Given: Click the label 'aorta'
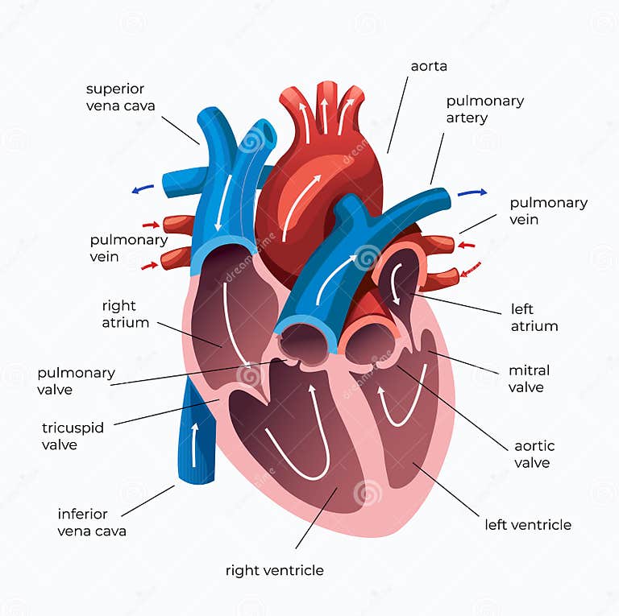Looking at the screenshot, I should pyautogui.click(x=429, y=66).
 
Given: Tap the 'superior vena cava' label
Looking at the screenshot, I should pyautogui.click(x=121, y=97).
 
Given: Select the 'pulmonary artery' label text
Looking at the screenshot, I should pyautogui.click(x=485, y=110).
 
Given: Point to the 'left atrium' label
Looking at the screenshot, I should pyautogui.click(x=534, y=317).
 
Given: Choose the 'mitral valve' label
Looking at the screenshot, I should pyautogui.click(x=529, y=378).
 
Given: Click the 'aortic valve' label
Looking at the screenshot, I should pyautogui.click(x=534, y=454).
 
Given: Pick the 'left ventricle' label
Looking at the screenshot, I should pyautogui.click(x=528, y=525).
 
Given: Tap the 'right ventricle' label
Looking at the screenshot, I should pyautogui.click(x=275, y=570).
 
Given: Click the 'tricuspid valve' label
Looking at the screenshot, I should pyautogui.click(x=73, y=436).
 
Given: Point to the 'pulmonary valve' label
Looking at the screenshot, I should pyautogui.click(x=76, y=381).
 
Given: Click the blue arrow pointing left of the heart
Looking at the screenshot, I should pyautogui.click(x=143, y=189).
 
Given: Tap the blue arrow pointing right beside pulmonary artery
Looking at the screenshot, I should pyautogui.click(x=472, y=192).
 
